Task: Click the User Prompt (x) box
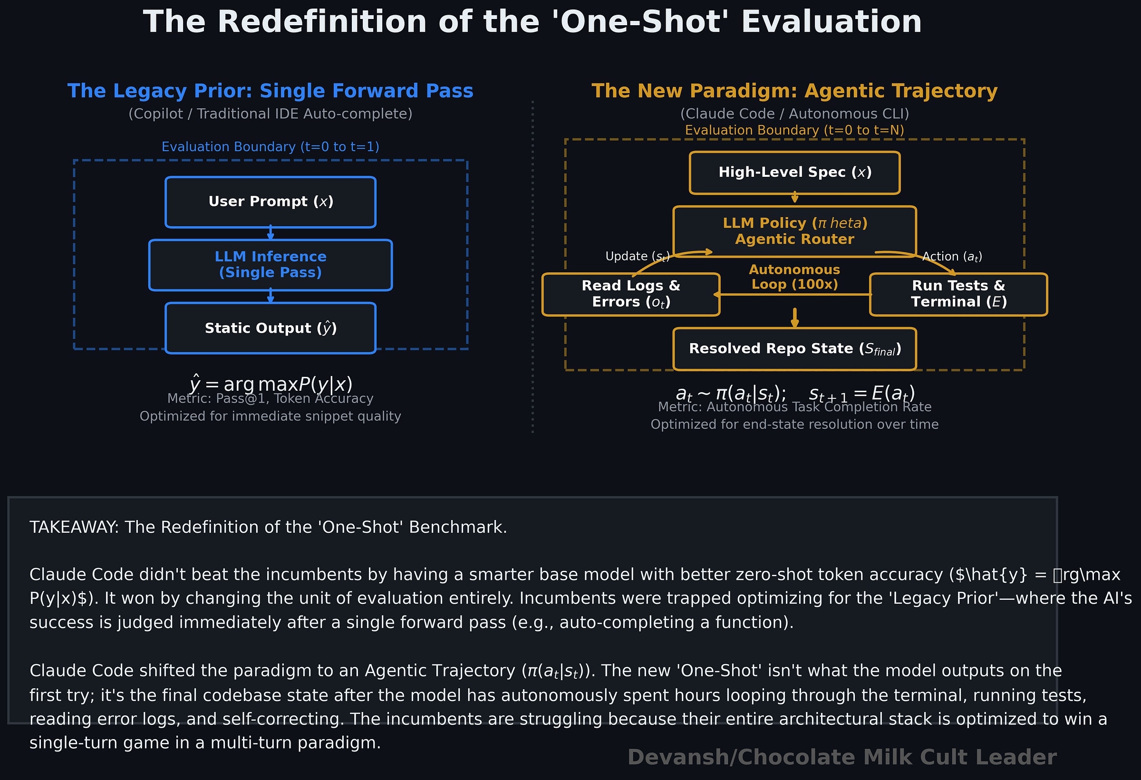point(271,202)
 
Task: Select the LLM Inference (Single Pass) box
point(271,265)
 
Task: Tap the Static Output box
point(271,328)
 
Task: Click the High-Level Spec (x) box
point(794,172)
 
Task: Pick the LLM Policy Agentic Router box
point(794,231)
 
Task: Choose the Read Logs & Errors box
point(631,294)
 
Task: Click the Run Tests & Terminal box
point(958,294)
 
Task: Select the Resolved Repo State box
point(794,348)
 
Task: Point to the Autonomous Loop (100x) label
point(794,277)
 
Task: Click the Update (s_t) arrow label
point(637,256)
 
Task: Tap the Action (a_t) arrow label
point(952,256)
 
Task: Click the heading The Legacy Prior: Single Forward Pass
point(271,91)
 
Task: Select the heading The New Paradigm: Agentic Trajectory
point(794,91)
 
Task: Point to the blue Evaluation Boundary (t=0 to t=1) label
point(271,147)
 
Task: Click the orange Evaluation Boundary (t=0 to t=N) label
point(794,130)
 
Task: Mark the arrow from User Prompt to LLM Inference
point(271,233)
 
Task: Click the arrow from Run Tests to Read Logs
point(793,295)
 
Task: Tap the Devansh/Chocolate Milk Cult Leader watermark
point(842,757)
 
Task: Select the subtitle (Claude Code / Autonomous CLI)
point(794,114)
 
